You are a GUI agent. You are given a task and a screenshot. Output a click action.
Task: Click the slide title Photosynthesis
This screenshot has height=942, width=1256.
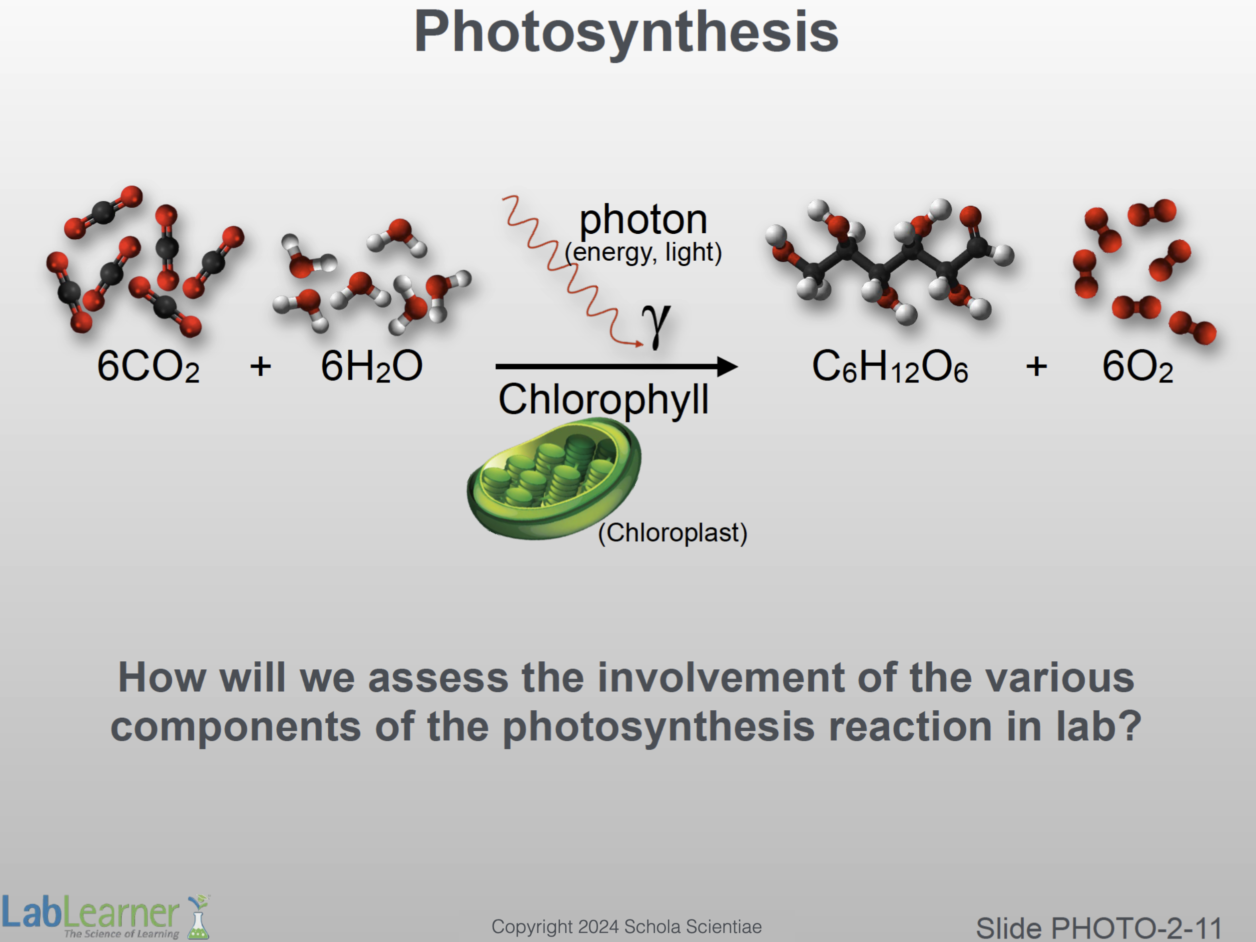point(627,33)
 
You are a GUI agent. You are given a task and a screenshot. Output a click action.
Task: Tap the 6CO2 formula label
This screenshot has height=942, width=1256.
point(148,366)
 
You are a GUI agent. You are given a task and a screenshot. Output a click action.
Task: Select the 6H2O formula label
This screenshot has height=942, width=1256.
point(372,366)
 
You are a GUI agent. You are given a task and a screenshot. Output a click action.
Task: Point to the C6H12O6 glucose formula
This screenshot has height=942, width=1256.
point(890,366)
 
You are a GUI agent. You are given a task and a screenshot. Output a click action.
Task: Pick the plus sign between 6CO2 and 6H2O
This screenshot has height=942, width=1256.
point(261,366)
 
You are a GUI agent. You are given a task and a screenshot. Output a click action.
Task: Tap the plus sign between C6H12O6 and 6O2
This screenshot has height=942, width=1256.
point(1036,366)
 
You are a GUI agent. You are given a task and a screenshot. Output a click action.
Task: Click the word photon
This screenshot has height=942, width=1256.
point(643,220)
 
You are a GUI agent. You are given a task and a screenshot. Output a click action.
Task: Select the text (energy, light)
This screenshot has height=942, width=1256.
point(643,253)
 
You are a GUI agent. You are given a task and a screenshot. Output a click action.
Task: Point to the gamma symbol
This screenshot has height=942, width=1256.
point(657,324)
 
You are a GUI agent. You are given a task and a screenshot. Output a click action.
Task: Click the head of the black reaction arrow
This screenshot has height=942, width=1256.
point(727,367)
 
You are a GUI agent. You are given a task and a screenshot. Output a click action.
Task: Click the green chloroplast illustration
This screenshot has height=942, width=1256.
point(554,478)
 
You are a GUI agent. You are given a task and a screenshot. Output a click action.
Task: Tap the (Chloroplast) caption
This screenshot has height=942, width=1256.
point(673,533)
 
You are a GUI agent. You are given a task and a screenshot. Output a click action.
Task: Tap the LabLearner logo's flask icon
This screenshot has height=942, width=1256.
point(199,917)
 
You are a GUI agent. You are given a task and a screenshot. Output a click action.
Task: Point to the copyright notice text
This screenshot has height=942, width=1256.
point(627,927)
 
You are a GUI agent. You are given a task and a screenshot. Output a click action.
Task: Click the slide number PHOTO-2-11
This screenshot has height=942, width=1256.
point(1136,929)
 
